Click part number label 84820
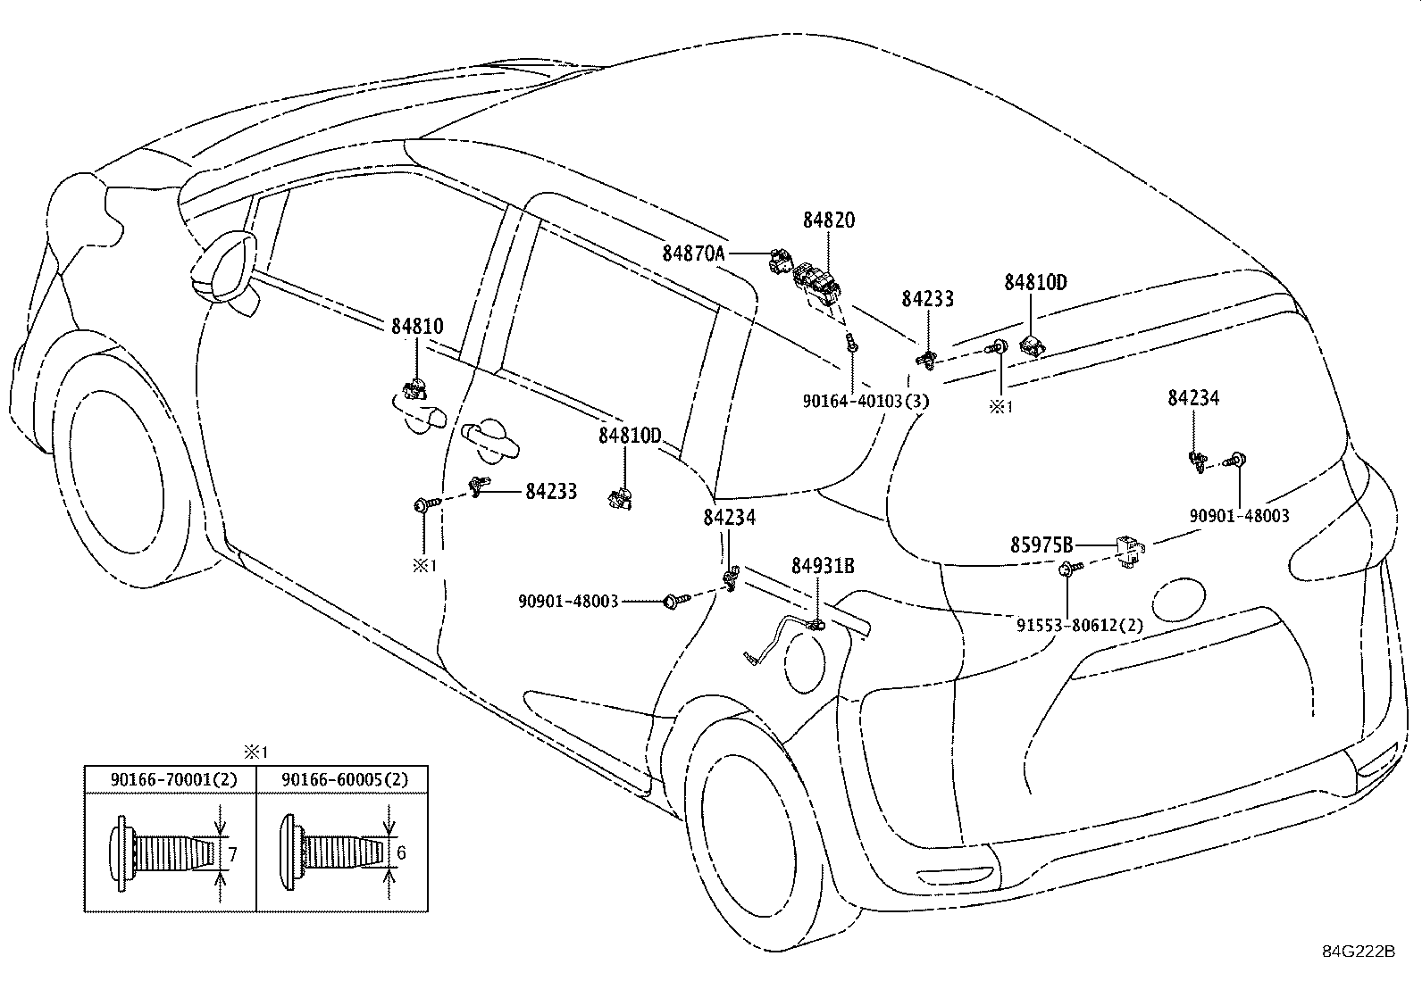[x=828, y=220]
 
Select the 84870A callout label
[x=693, y=254]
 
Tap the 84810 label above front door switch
[x=416, y=327]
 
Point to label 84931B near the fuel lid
[x=823, y=566]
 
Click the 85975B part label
[x=1041, y=545]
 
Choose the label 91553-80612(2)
[x=1079, y=626]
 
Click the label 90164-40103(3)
[x=866, y=402]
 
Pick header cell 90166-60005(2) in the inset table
[x=344, y=779]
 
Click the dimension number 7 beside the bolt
[x=232, y=854]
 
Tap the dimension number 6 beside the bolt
[x=401, y=853]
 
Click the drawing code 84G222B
[x=1359, y=951]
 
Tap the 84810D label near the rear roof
[x=1035, y=283]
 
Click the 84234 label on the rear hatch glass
[x=1192, y=399]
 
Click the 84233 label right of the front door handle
[x=551, y=491]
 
